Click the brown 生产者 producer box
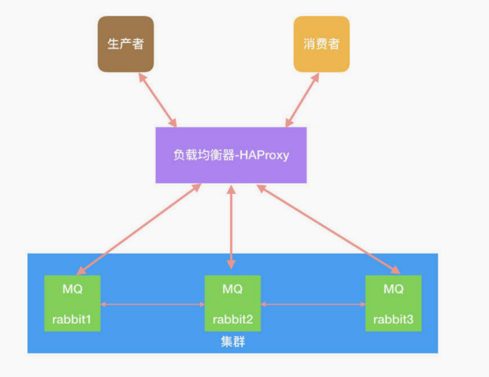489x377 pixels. (x=126, y=44)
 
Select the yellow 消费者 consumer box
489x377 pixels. (x=322, y=44)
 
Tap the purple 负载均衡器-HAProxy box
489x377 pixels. (x=231, y=155)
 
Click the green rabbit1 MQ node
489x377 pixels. (x=73, y=303)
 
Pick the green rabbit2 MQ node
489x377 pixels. (x=232, y=303)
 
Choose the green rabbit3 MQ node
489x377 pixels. (x=393, y=303)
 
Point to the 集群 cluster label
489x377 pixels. (x=232, y=342)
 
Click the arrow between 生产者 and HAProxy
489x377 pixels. (x=158, y=99)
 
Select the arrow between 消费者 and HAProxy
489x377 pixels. (x=301, y=99)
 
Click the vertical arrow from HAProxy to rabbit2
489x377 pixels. (x=230, y=226)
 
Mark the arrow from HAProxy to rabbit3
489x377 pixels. (x=327, y=229)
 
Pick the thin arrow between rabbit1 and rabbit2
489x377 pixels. (x=152, y=304)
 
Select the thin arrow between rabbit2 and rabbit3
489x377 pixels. (x=312, y=304)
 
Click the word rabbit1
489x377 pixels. (x=73, y=320)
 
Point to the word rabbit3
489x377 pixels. (x=393, y=320)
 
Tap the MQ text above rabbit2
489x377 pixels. (x=232, y=289)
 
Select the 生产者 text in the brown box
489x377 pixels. (x=126, y=44)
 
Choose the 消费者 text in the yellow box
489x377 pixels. (x=322, y=44)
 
